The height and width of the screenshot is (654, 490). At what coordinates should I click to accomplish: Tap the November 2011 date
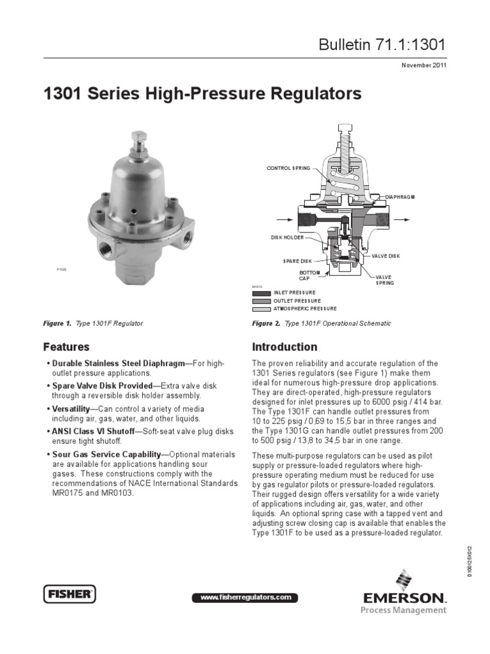point(423,66)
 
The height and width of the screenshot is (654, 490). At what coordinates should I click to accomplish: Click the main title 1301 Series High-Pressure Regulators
point(202,94)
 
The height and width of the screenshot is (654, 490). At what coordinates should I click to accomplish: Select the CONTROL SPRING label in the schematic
point(288,168)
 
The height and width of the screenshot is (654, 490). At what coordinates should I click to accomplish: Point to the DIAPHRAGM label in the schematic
point(400,197)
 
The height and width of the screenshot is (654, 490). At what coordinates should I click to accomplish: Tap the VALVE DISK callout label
point(386,256)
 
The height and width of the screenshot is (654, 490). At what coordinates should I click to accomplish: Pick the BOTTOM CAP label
point(308,275)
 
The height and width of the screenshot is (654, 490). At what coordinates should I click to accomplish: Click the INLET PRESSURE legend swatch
point(262,293)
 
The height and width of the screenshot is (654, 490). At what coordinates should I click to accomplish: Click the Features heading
point(66,347)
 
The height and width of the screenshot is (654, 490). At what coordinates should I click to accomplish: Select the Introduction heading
point(285,347)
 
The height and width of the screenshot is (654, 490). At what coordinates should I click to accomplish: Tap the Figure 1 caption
point(93,324)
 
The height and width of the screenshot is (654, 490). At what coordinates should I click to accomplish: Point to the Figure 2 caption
point(322,324)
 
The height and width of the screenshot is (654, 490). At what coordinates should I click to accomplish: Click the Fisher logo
point(70,594)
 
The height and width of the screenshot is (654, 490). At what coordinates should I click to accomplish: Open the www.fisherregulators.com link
point(246,597)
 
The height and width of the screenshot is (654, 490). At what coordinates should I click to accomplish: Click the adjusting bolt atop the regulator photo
point(138,137)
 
